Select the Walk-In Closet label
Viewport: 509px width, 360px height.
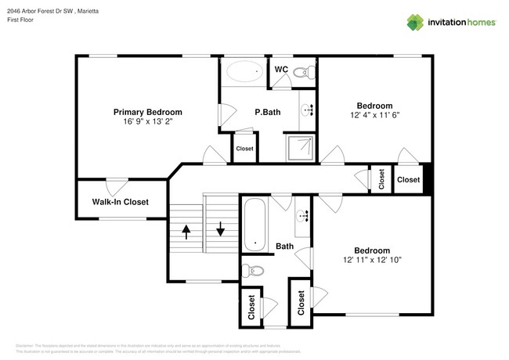click(x=120, y=202)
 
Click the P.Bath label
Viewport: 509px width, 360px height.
click(x=267, y=112)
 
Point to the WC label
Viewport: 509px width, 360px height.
click(x=281, y=70)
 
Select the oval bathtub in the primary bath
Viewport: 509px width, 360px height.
click(x=245, y=74)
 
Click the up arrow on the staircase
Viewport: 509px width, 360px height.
click(x=186, y=232)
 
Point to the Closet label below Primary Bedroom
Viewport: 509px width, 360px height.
click(x=244, y=149)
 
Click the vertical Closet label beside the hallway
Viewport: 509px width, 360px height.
click(x=381, y=179)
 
